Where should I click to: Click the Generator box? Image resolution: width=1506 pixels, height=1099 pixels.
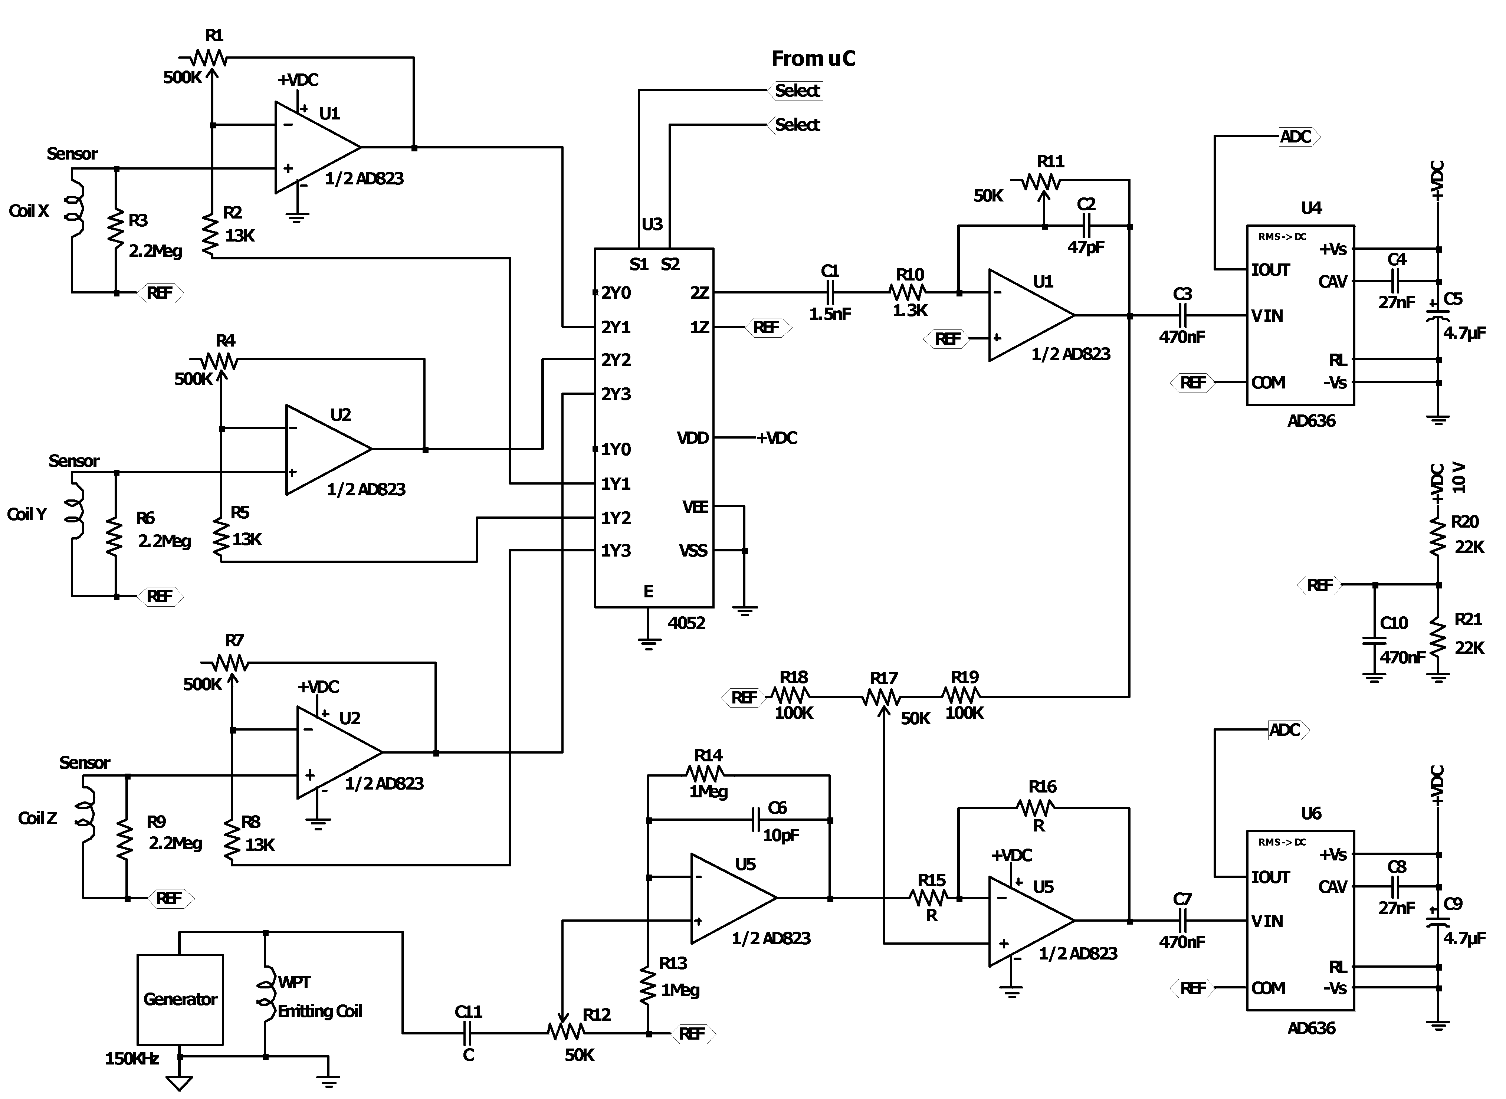[x=180, y=999]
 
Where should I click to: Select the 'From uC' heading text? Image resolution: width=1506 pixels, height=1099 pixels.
[x=813, y=59]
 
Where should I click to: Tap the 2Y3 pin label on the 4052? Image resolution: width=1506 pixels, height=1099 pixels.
[x=616, y=394]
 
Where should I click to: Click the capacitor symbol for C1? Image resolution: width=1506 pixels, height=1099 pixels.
[x=830, y=292]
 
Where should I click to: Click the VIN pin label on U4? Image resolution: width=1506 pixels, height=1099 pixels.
[x=1267, y=316]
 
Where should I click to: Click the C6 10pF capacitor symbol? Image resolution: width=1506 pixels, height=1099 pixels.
[x=756, y=820]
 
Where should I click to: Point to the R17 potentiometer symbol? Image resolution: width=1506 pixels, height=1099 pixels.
[x=883, y=697]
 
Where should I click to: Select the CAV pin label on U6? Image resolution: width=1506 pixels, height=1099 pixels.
[x=1332, y=887]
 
